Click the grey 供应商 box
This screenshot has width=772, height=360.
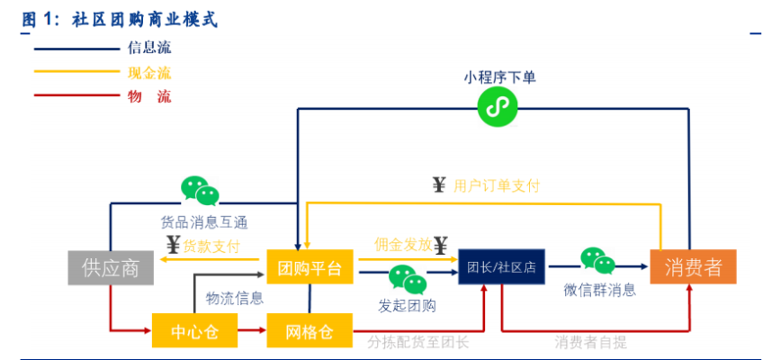pyautogui.click(x=110, y=267)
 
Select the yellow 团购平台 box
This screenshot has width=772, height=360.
pyautogui.click(x=310, y=267)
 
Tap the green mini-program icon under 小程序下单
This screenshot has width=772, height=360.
pyautogui.click(x=494, y=108)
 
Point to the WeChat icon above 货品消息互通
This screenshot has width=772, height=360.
pyautogui.click(x=200, y=190)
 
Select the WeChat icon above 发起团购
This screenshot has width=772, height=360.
pyautogui.click(x=407, y=279)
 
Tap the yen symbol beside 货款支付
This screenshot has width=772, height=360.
pyautogui.click(x=173, y=244)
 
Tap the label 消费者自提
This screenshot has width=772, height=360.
pyautogui.click(x=590, y=342)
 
